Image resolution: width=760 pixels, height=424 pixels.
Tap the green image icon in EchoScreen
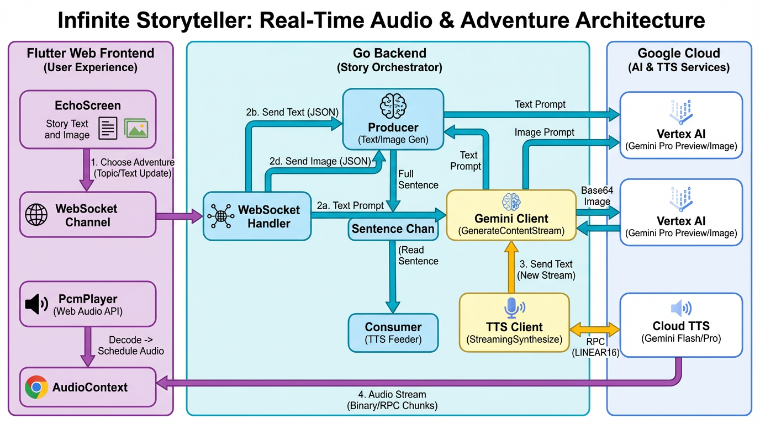pos(136,128)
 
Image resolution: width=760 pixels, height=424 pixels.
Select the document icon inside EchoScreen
pos(108,128)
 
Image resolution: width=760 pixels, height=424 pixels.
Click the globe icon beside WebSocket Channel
pos(36,215)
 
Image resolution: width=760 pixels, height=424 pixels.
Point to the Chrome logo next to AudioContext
pos(36,388)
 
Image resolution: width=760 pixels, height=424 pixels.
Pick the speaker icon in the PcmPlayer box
pos(37,304)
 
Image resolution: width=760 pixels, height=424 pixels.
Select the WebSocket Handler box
pos(257,216)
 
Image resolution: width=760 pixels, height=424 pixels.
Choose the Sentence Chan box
pos(393,229)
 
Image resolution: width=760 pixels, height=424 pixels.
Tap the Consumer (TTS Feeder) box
pos(393,332)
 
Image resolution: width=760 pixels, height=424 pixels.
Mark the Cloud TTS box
pos(680,325)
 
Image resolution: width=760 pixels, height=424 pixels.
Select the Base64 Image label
pos(597,195)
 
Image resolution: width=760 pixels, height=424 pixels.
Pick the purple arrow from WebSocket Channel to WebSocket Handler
pos(180,216)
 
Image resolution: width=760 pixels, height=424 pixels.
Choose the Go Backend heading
pos(389,54)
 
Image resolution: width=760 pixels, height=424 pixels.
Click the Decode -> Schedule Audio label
pos(131,345)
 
